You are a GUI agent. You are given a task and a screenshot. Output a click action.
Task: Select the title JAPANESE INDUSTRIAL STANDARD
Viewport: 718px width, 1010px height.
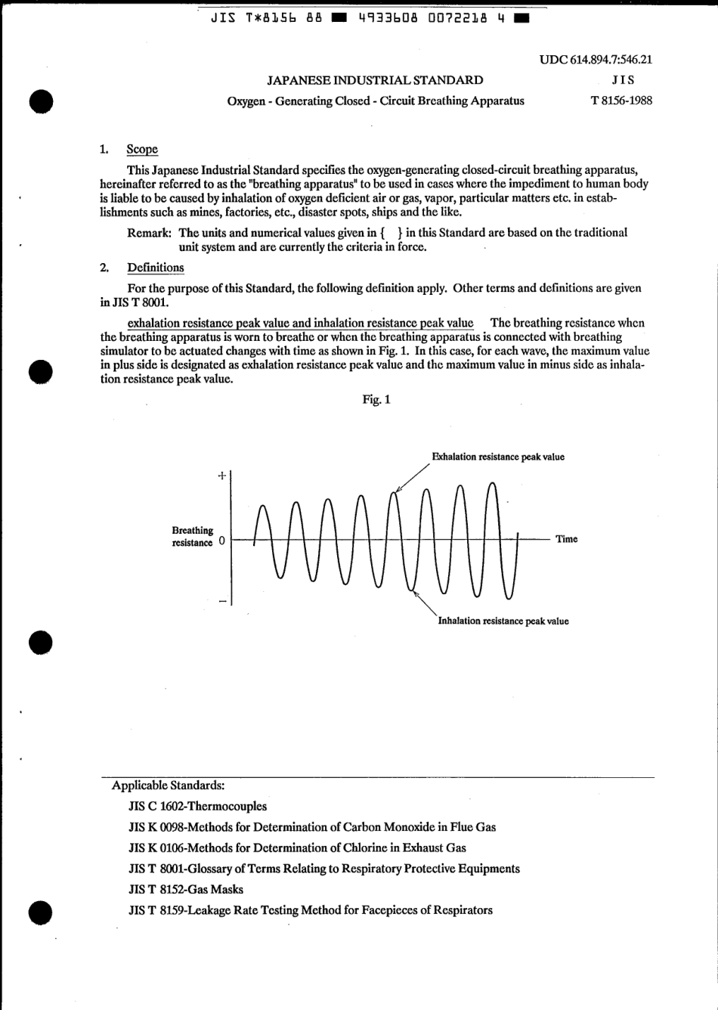[376, 80]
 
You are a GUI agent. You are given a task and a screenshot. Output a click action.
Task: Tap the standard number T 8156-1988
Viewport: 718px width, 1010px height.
[621, 101]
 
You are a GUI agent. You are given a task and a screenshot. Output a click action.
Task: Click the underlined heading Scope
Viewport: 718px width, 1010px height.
[142, 150]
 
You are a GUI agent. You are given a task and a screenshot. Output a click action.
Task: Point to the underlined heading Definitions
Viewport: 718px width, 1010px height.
[155, 268]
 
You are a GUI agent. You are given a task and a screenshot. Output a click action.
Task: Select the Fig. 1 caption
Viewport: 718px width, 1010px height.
[376, 399]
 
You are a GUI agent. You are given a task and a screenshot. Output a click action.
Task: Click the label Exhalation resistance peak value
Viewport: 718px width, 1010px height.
[497, 457]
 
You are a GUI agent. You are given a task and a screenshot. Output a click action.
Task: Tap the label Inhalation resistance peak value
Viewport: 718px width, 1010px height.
[503, 621]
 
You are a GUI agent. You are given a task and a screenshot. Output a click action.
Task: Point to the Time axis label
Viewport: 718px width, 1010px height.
[566, 539]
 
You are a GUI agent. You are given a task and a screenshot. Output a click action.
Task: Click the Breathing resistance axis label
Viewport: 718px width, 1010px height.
[193, 537]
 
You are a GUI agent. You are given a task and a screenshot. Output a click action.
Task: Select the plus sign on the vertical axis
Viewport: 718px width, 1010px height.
[221, 476]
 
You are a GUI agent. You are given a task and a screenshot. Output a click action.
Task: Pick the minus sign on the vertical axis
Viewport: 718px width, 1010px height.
[222, 602]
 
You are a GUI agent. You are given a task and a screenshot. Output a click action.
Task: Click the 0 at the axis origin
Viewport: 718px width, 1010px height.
[221, 541]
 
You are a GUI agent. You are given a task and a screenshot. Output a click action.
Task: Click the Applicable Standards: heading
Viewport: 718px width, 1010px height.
[168, 785]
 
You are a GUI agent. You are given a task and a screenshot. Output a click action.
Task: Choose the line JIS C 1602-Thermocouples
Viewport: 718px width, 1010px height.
[198, 807]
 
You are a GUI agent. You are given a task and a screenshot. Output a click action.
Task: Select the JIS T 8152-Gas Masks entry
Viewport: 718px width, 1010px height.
[186, 890]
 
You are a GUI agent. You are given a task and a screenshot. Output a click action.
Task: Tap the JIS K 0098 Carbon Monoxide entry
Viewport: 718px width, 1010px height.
[312, 827]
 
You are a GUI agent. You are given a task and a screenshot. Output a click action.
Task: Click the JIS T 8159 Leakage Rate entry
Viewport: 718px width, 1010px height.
[311, 910]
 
